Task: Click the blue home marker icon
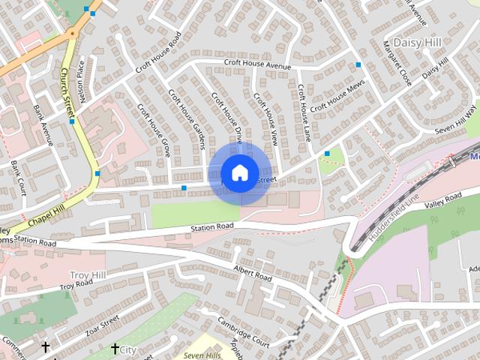coord(239,173)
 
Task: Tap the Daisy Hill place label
coord(418,42)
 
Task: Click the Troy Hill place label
coord(88,276)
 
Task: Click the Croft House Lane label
coord(302,113)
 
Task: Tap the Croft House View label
coord(265,118)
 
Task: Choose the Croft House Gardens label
coord(187,118)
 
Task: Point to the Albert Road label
coord(252,272)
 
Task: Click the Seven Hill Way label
coord(456,121)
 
